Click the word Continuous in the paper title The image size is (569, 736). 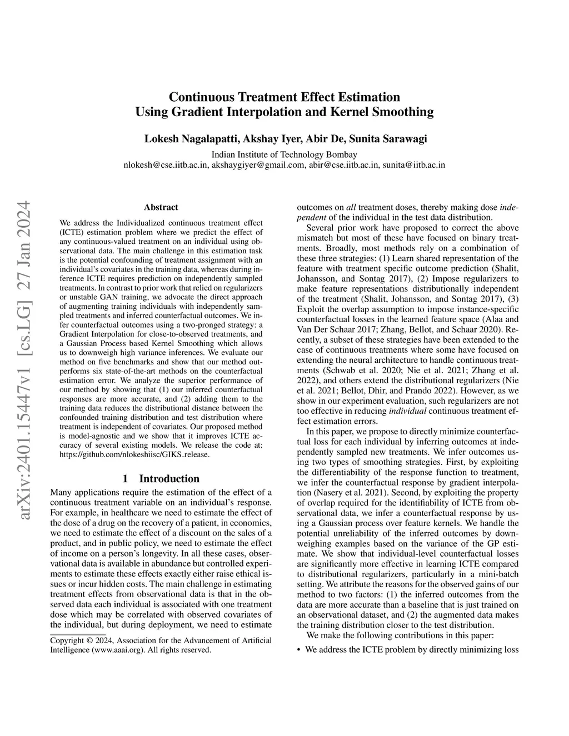point(201,97)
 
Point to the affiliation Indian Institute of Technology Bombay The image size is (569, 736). point(284,154)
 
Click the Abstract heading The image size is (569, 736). point(161,207)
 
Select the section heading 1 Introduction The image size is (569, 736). point(161,478)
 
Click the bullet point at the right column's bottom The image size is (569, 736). point(300,649)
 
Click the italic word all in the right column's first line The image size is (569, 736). point(351,207)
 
